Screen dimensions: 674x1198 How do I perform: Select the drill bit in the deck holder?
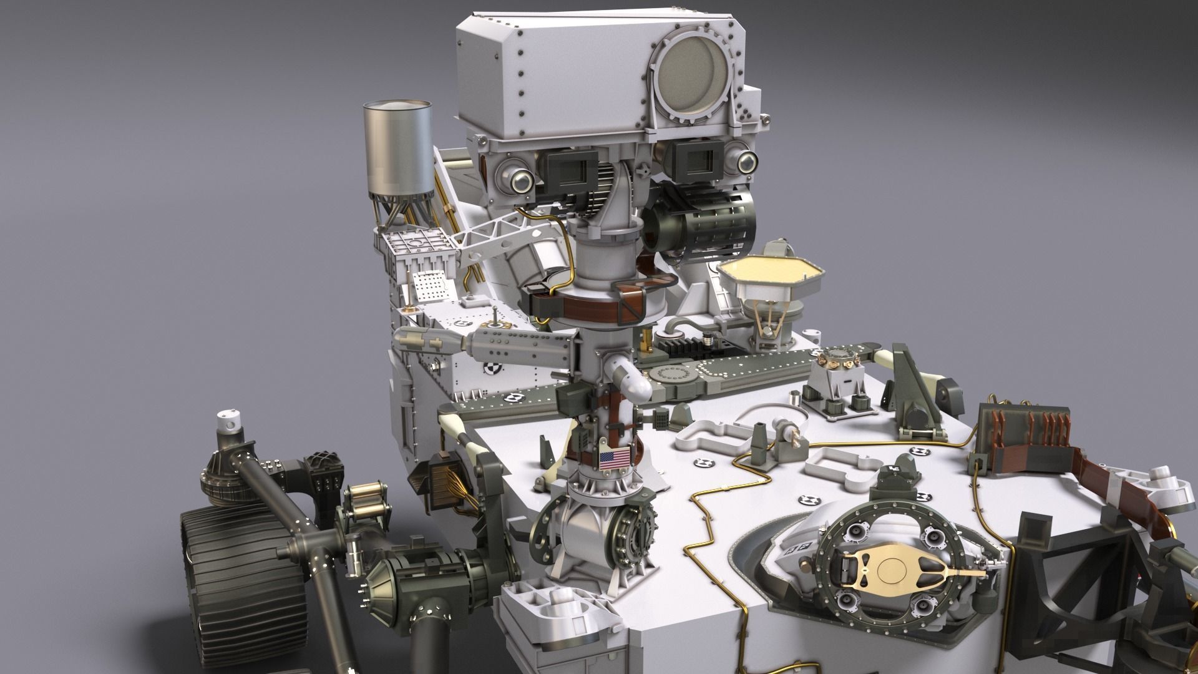796,434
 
